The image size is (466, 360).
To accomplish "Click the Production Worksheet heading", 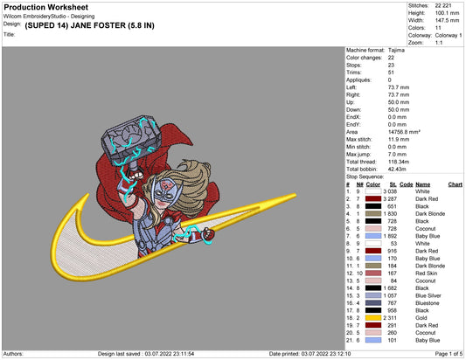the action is coord(46,7).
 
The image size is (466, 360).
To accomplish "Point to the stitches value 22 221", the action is coord(443,5).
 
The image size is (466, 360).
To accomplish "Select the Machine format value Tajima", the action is coord(396,50).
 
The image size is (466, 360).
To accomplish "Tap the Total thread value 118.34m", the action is coord(398,162).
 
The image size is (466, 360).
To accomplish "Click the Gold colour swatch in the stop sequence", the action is coord(373,318).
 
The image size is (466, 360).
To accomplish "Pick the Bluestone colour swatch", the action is coord(373,303).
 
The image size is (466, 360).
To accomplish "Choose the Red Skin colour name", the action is coord(426,273).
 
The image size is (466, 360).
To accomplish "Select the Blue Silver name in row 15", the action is coord(428,295).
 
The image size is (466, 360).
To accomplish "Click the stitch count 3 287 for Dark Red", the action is coord(390,199).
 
